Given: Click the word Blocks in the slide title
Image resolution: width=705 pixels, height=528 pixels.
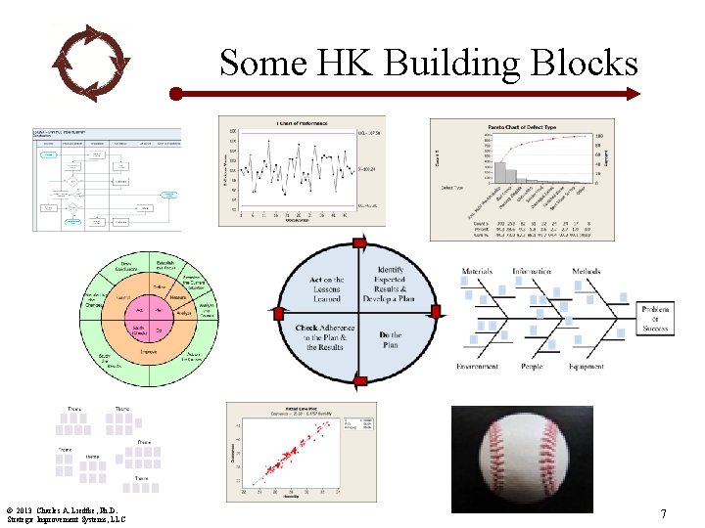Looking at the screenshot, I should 581,63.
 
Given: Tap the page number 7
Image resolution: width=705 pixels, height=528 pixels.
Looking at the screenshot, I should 663,513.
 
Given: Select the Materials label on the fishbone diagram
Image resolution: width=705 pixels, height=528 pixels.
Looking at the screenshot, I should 477,271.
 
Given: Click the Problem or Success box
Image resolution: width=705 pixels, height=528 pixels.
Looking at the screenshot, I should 655,318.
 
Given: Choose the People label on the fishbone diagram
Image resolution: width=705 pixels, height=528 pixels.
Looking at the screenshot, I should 531,367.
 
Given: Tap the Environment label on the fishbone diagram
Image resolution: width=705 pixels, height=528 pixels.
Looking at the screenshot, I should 477,367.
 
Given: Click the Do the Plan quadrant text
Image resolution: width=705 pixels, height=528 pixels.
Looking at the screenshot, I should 390,340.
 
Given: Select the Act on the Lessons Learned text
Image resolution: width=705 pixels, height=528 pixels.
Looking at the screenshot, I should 327,289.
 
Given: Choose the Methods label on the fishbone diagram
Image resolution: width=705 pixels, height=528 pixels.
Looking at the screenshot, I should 587,271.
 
